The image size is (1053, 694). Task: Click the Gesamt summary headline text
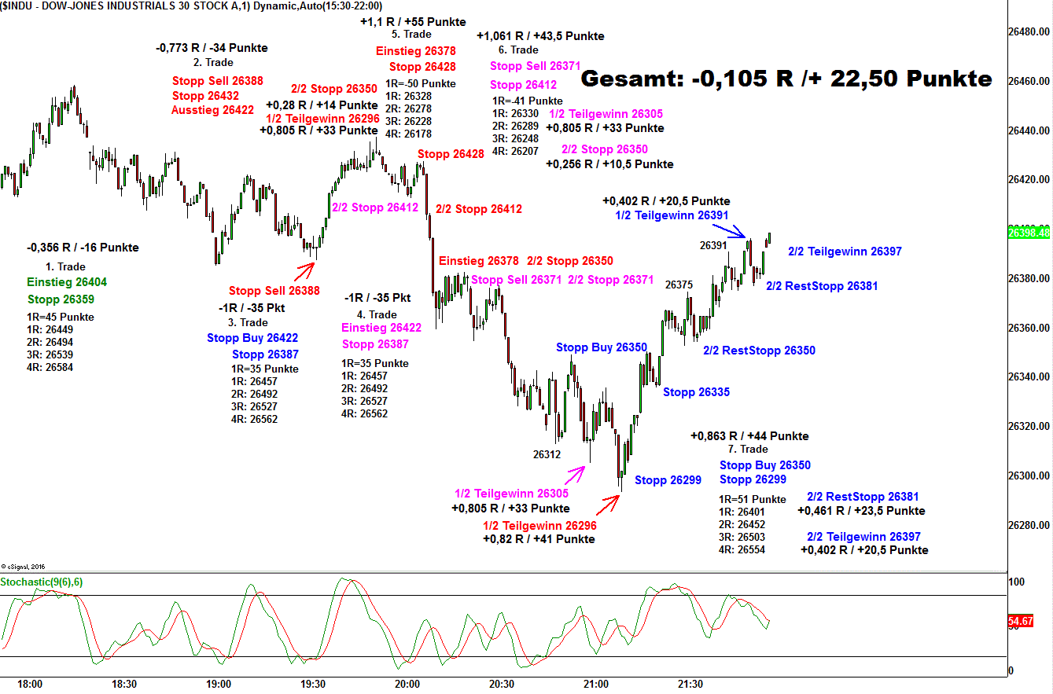point(786,79)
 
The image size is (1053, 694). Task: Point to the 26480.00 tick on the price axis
point(1029,32)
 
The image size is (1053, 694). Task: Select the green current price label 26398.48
point(1028,233)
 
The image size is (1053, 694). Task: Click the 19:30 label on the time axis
point(313,684)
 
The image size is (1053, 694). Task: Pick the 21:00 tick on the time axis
point(596,684)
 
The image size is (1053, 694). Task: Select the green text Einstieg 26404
point(67,282)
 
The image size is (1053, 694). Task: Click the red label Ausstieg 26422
point(212,110)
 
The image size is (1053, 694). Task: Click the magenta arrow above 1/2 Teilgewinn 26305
point(575,473)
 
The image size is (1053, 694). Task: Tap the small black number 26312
point(547,454)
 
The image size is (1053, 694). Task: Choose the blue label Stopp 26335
point(696,392)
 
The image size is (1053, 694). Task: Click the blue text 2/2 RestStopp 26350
point(759,351)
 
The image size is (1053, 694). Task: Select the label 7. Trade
point(748,450)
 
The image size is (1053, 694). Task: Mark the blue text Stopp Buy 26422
point(252,338)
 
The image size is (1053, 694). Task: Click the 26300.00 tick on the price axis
point(1029,476)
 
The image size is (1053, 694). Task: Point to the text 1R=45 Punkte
point(60,318)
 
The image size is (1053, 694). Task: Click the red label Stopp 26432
point(205,96)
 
